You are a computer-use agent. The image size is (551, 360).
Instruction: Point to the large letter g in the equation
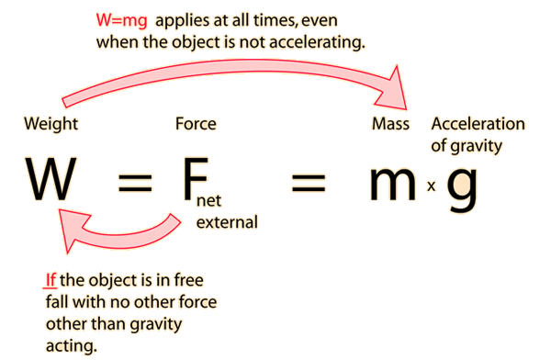point(464,188)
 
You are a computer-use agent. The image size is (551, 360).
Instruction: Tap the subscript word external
point(225,220)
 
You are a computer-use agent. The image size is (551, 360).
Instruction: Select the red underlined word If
point(51,277)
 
